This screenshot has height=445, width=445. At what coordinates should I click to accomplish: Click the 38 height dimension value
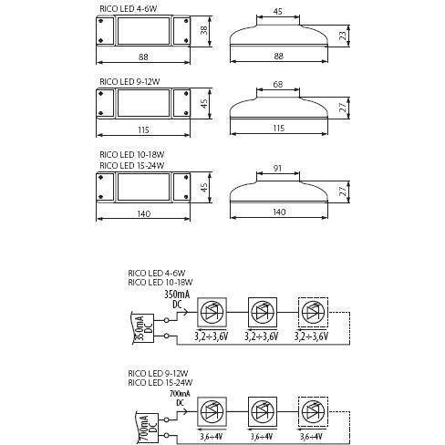point(204,30)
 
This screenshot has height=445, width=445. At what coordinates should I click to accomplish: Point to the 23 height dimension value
point(343,36)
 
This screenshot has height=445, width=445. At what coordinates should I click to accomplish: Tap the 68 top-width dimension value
point(278,84)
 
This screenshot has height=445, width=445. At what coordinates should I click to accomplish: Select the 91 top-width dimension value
point(277,168)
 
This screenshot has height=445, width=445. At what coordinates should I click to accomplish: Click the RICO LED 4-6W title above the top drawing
point(129,8)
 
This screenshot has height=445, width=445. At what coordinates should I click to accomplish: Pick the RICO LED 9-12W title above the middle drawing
point(129,81)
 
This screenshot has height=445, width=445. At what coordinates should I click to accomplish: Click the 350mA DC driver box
point(144,329)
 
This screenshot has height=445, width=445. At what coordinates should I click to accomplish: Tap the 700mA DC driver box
point(147,429)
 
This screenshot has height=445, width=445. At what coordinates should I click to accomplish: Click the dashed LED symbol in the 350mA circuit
point(313,312)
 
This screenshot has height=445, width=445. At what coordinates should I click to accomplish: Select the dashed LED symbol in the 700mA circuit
point(313,412)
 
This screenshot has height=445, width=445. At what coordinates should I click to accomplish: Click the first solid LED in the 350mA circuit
point(212,312)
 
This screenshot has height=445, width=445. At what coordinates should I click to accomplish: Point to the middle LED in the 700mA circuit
point(263,412)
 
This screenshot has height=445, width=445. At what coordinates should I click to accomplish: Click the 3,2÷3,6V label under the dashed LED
point(311,336)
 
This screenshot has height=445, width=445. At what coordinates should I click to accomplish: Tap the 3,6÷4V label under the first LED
point(211,437)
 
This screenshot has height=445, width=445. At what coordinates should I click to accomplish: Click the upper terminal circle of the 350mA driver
point(166,320)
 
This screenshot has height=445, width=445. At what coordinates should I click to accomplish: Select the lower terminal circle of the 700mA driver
point(166,436)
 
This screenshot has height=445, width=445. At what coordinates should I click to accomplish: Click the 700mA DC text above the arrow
point(180,398)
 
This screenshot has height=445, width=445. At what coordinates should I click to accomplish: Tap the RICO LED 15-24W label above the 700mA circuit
point(160,382)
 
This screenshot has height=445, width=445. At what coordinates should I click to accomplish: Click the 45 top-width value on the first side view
point(277,12)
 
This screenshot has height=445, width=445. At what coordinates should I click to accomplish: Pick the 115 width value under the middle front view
point(143,130)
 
